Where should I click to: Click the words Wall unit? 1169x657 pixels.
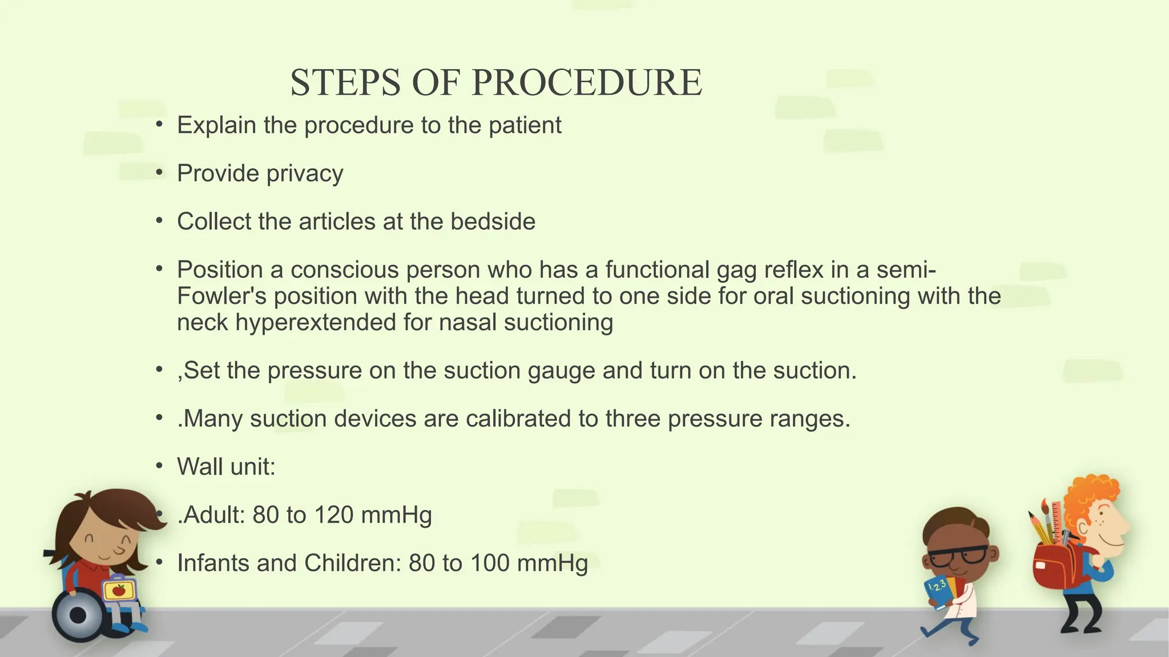coord(226,467)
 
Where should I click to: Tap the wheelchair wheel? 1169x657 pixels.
coord(78,615)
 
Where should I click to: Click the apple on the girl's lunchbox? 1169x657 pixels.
coord(119,590)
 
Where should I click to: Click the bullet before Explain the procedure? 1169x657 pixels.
coord(160,125)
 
